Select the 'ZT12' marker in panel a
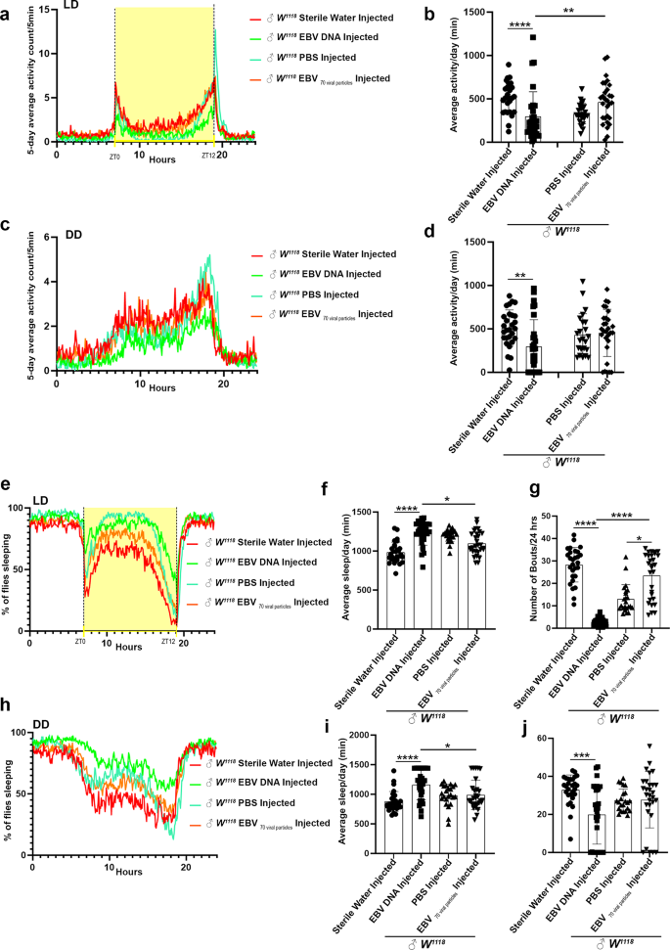coord(207,156)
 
